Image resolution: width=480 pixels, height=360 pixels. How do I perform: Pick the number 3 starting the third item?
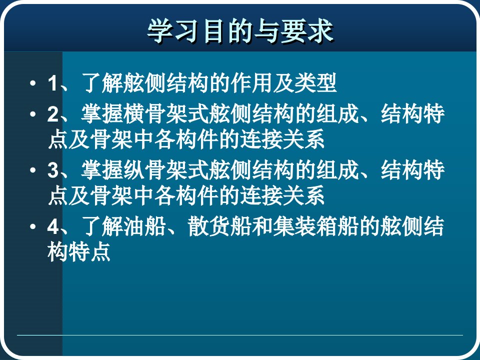coord(53,170)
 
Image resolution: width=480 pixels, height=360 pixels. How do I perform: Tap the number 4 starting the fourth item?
coord(53,226)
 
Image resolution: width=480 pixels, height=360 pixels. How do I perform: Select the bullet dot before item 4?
coord(32,226)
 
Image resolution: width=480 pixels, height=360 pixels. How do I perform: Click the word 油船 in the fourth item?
coord(145,226)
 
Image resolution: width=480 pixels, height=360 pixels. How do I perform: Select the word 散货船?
coord(220,226)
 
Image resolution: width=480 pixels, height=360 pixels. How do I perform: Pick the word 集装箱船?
coord(315,226)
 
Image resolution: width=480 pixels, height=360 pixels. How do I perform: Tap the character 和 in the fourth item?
coord(262,226)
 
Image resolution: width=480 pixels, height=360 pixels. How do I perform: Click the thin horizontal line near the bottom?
coord(239,335)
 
